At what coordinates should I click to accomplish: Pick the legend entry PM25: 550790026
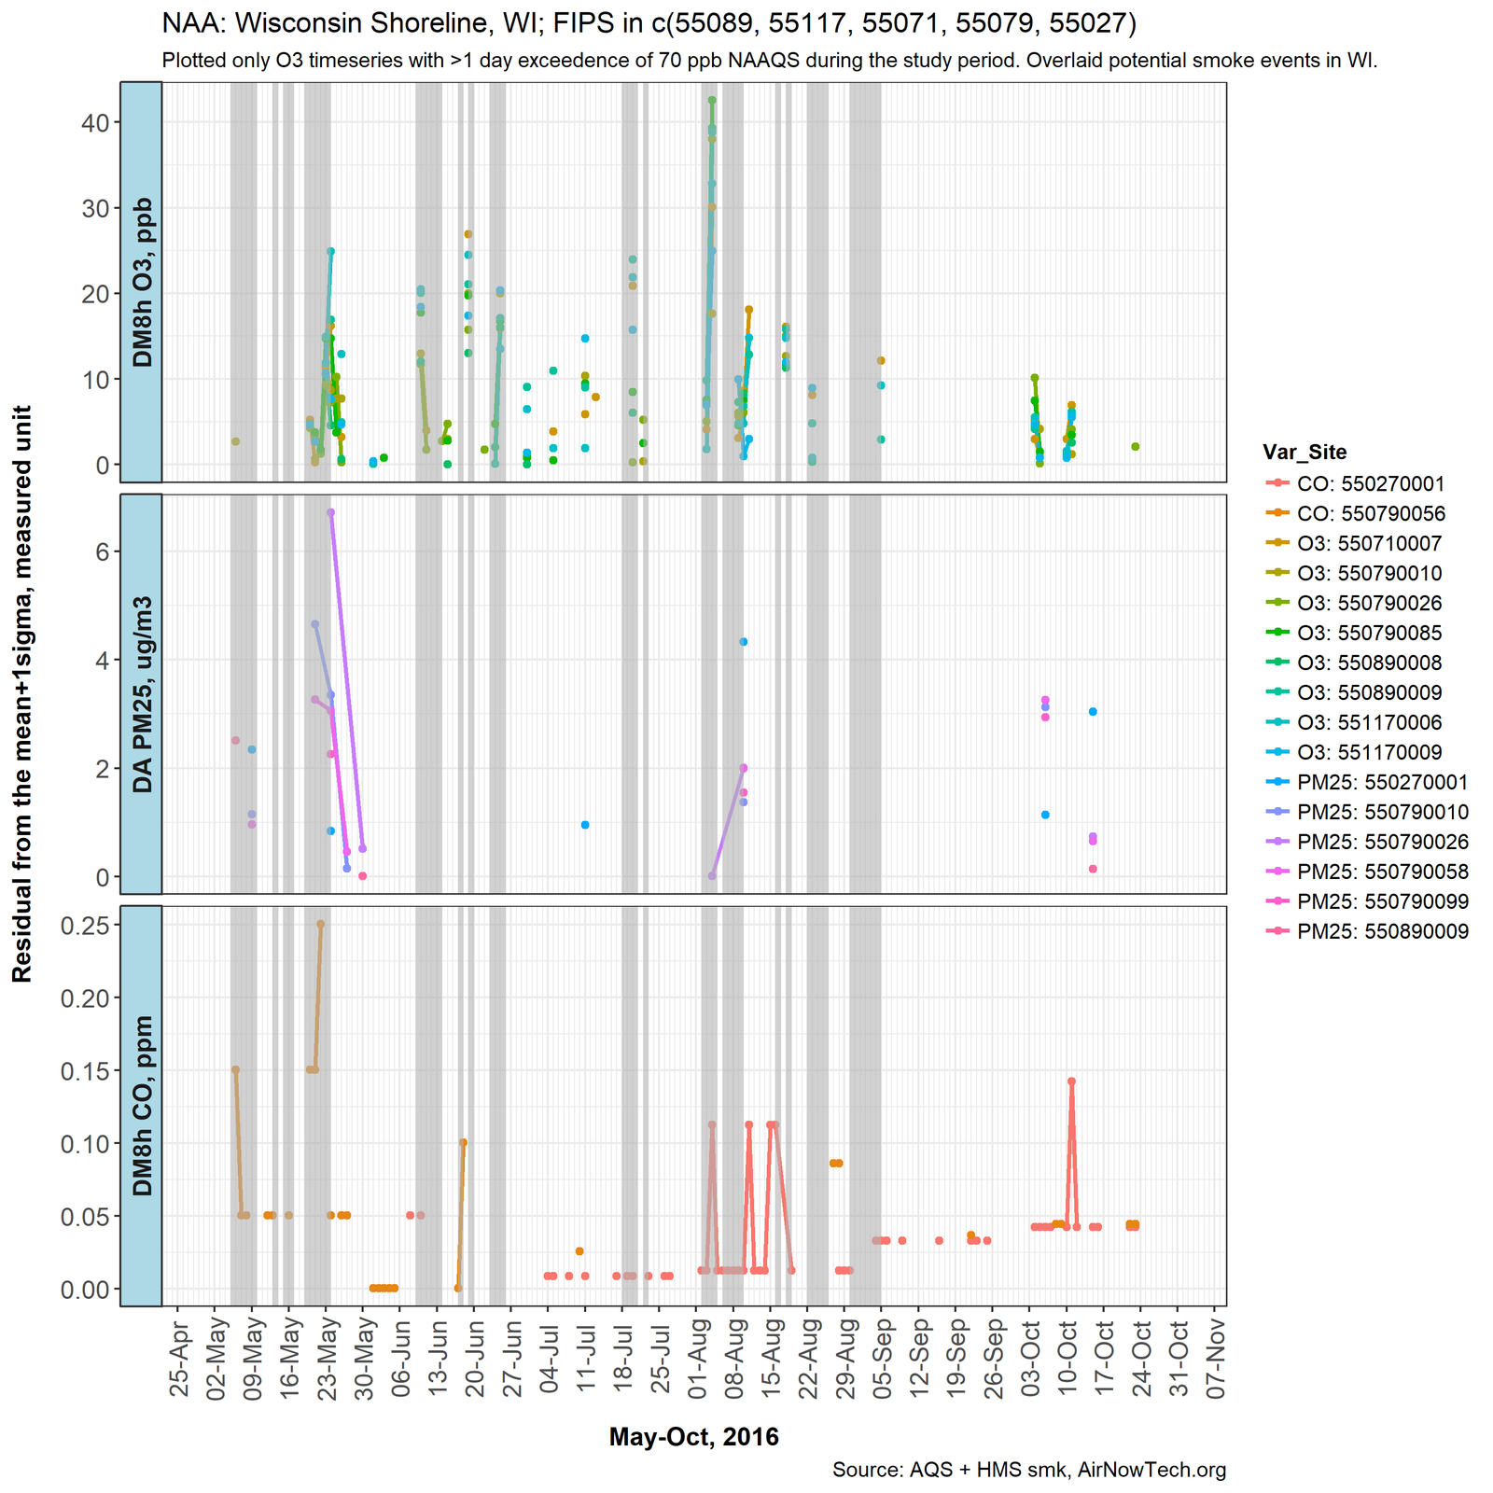click(1382, 842)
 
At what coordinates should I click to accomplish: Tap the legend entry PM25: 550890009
click(1382, 931)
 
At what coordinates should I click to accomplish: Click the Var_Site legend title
click(1305, 453)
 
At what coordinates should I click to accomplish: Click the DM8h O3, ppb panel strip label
click(142, 282)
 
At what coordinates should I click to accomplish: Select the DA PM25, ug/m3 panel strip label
click(142, 693)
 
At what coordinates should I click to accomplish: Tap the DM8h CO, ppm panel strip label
click(142, 1105)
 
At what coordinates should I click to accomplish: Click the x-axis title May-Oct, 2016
click(693, 1436)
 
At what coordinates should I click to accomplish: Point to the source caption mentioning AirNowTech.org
click(1028, 1471)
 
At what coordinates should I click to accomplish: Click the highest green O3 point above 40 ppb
click(712, 100)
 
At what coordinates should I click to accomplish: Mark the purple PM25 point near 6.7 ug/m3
click(330, 512)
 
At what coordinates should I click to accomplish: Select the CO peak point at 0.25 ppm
click(320, 924)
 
